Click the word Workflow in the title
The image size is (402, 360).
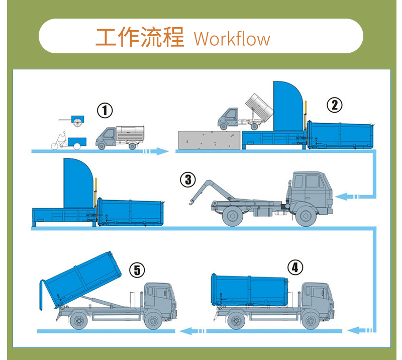tap(232, 39)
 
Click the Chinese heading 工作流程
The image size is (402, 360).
tap(140, 38)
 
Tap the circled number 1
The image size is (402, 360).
tap(105, 110)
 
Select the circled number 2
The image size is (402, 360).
tap(334, 105)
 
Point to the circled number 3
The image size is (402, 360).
tap(187, 179)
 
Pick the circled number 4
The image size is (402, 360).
tap(295, 267)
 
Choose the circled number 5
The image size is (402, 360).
tap(137, 270)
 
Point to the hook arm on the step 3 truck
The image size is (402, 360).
tap(198, 191)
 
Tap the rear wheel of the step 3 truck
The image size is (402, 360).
tap(232, 217)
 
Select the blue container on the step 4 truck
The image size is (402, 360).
tap(249, 290)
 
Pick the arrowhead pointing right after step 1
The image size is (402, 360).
tap(162, 151)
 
